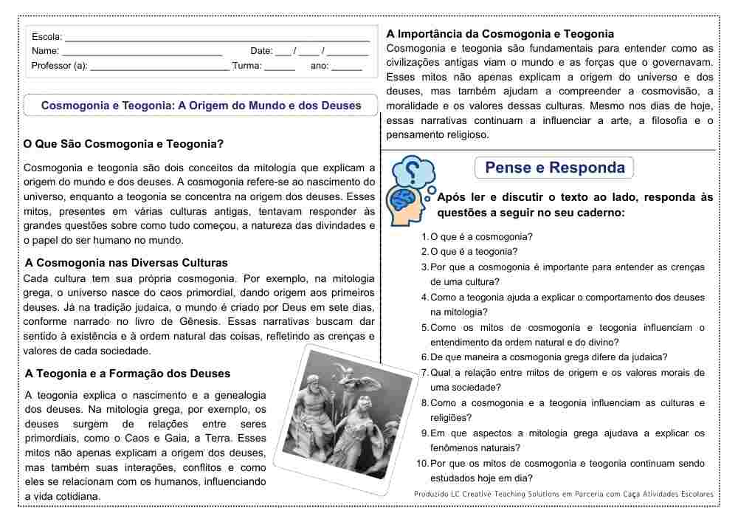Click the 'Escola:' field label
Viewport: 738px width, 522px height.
click(46, 36)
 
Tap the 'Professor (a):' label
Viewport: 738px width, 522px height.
click(59, 66)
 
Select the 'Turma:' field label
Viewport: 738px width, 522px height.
click(246, 66)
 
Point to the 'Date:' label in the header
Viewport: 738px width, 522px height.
click(261, 51)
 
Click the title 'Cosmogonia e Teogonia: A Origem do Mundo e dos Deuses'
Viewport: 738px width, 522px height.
click(201, 106)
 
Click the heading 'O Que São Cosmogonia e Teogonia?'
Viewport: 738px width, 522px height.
click(123, 144)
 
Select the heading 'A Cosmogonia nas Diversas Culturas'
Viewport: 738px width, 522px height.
click(126, 263)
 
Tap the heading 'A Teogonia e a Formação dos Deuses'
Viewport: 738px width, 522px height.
click(128, 374)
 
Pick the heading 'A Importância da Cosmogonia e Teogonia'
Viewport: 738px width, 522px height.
click(500, 34)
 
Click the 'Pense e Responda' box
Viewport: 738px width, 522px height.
click(554, 168)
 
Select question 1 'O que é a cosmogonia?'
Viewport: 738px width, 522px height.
click(481, 237)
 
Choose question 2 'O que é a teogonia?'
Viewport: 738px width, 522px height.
click(474, 252)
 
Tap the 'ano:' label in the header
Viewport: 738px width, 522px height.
click(320, 66)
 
